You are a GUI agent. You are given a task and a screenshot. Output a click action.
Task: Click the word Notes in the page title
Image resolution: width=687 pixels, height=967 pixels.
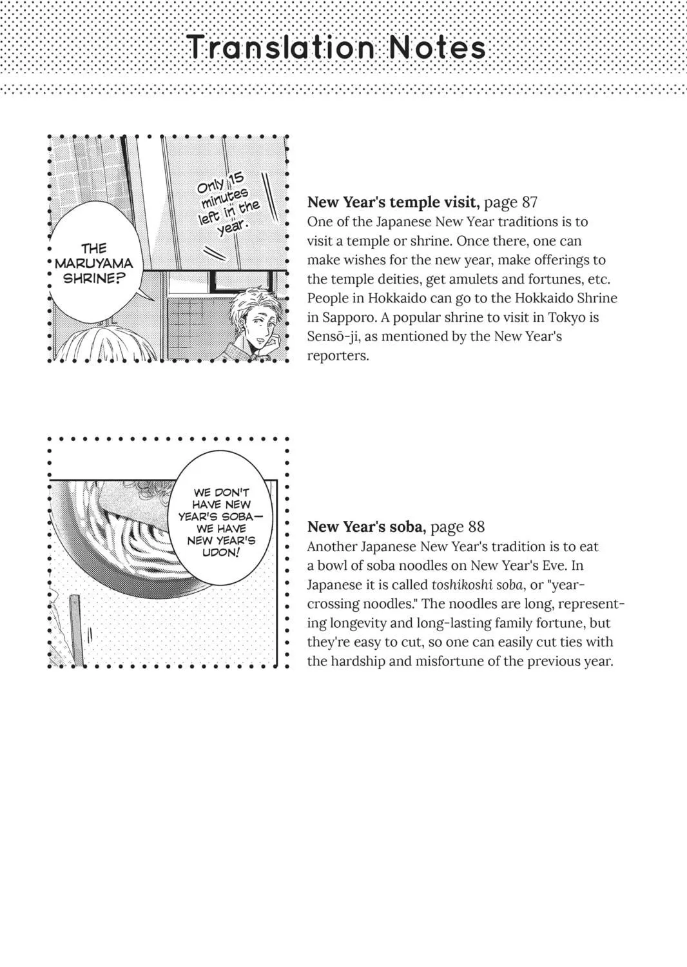tap(438, 47)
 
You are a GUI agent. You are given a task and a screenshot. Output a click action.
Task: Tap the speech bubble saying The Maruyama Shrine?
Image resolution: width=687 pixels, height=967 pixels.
tap(95, 263)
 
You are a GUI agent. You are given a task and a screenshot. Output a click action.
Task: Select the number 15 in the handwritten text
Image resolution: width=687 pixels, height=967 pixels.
tap(236, 179)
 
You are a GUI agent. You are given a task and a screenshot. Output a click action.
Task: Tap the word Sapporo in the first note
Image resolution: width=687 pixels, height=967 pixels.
tap(347, 318)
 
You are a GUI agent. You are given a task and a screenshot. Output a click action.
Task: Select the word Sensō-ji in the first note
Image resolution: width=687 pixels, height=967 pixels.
tap(334, 337)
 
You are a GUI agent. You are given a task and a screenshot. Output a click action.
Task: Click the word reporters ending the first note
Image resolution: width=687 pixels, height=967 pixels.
tap(338, 356)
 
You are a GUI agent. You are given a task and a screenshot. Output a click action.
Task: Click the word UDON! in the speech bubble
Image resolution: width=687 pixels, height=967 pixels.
tap(220, 552)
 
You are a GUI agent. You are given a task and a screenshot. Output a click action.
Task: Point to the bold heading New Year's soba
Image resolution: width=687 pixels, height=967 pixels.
tap(367, 527)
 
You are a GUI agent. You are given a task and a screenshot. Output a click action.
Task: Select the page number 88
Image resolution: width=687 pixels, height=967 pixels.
tap(476, 527)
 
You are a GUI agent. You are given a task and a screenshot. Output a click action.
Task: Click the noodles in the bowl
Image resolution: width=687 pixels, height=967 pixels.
tap(130, 544)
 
